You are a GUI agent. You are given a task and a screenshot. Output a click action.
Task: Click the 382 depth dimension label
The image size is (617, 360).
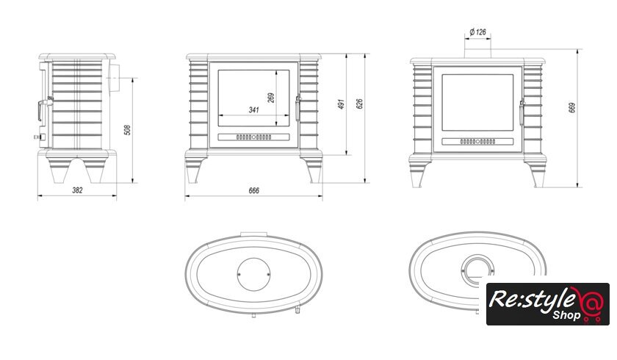click(x=78, y=190)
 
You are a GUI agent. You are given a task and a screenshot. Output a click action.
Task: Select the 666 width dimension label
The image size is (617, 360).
click(x=254, y=190)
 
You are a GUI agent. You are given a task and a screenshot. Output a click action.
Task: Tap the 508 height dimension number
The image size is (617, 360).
click(x=127, y=130)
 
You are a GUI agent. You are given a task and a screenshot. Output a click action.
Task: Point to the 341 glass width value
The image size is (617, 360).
click(x=254, y=109)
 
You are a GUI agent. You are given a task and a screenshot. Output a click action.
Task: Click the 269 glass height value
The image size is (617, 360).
click(x=271, y=98)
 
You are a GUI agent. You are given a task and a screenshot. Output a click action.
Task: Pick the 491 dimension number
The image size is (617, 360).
click(x=341, y=104)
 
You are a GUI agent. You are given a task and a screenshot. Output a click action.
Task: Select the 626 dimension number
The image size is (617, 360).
click(x=359, y=104)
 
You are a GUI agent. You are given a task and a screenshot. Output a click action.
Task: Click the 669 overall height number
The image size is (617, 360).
click(x=571, y=108)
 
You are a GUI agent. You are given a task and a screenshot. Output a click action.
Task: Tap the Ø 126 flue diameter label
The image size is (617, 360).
click(x=477, y=32)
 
